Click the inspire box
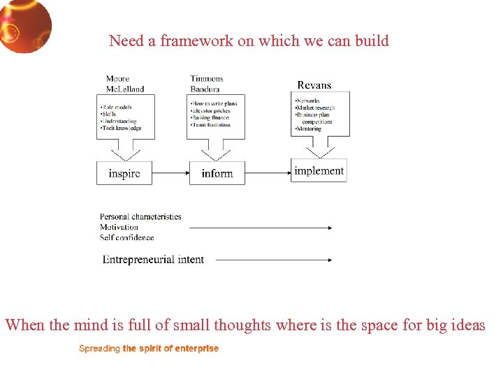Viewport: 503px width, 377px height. pyautogui.click(x=124, y=173)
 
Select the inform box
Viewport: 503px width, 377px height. pyautogui.click(x=217, y=173)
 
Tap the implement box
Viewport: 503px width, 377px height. pyautogui.click(x=319, y=170)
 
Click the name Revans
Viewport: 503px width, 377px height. pyautogui.click(x=314, y=85)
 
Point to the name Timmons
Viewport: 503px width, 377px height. pyautogui.click(x=206, y=79)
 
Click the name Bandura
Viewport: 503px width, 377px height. pyautogui.click(x=205, y=89)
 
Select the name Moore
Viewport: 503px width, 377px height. pyautogui.click(x=117, y=79)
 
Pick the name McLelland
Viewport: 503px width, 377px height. pyautogui.click(x=124, y=89)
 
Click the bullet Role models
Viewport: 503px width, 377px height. pyautogui.click(x=117, y=107)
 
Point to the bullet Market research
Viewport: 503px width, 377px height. pyautogui.click(x=315, y=108)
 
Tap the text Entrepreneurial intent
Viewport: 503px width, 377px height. pyautogui.click(x=153, y=260)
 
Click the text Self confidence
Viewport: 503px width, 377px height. pyautogui.click(x=126, y=237)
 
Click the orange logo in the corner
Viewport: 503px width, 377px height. pyautogui.click(x=25, y=25)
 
